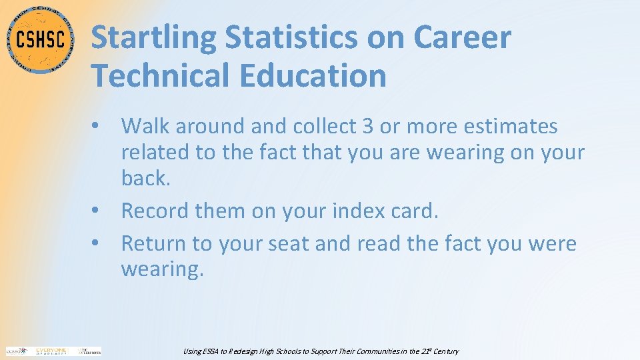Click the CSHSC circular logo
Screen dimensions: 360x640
(x=40, y=39)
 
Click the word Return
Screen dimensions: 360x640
(x=153, y=243)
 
